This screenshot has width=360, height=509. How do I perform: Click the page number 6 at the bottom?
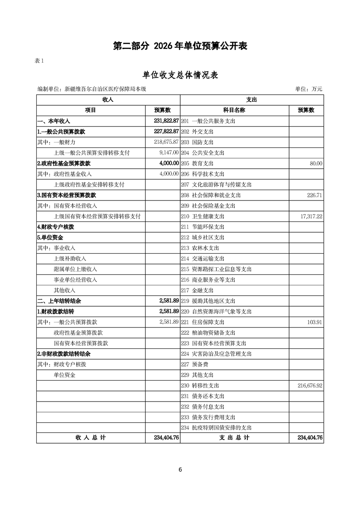(180, 470)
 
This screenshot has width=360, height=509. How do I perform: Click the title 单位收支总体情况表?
(180, 75)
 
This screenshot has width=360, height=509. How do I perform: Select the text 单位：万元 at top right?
(308, 89)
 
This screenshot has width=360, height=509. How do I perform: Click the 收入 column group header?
(108, 99)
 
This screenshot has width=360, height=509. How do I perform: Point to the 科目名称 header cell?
(234, 110)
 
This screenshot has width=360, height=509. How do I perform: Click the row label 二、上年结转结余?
(59, 301)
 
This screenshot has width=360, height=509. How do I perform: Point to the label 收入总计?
(90, 438)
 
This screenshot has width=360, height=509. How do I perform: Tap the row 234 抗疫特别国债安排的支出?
(216, 428)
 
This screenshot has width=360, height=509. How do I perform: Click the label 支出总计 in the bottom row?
(234, 438)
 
